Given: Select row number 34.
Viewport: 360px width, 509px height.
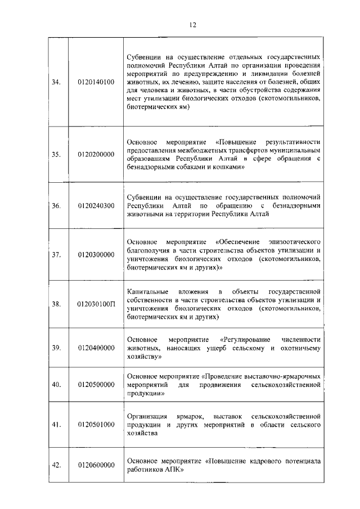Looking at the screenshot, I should coord(56,82).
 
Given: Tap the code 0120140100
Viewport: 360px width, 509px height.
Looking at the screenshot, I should coord(96,82).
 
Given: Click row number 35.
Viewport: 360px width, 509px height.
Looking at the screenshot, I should coord(56,154).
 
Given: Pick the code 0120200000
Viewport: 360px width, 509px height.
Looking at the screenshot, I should coord(96,154).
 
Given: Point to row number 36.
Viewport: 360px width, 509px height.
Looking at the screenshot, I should coord(56,206).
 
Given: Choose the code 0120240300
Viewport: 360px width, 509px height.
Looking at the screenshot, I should coord(96,206).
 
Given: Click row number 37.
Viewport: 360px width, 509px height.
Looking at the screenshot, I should coord(56,255).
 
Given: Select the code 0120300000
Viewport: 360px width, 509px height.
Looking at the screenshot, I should coord(96,255).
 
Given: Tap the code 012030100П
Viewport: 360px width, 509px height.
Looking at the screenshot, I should coord(96,304).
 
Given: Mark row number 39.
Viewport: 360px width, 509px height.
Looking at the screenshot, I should coord(56,348).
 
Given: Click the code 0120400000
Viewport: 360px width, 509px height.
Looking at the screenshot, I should coord(96,348).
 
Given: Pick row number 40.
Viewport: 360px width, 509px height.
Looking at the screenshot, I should coord(56,385).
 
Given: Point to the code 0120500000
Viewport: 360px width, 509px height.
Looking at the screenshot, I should coord(96,385).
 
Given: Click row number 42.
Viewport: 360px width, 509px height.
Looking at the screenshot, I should coord(56,465).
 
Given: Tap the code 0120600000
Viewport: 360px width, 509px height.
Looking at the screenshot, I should coord(96,465).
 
